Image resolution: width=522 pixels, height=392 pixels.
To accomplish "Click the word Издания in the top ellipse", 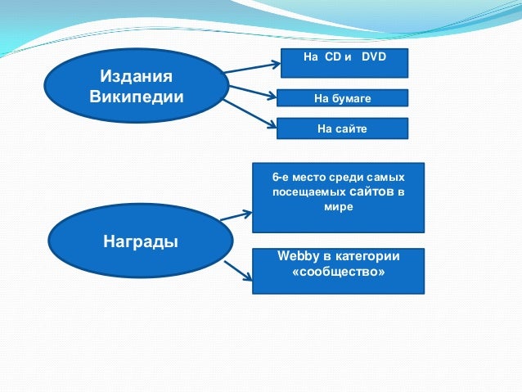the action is [x=136, y=77].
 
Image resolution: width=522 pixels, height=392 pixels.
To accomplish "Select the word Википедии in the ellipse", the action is [x=137, y=97].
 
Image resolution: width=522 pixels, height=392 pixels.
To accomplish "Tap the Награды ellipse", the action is [x=141, y=241].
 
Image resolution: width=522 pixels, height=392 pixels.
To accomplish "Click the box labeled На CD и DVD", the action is [x=344, y=63].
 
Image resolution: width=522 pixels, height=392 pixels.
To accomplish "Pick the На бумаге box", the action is [x=343, y=98].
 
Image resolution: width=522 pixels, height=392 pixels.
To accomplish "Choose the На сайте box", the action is [x=343, y=128].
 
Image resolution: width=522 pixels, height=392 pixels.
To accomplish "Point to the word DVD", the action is [x=374, y=56].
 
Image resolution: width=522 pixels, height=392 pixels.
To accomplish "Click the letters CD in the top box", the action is [x=333, y=56].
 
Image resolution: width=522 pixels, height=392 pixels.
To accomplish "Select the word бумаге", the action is [x=351, y=98].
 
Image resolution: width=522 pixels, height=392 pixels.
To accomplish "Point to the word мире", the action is [x=339, y=206].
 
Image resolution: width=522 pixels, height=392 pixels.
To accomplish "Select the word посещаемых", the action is [x=308, y=192].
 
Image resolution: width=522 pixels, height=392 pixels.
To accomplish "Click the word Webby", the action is [x=299, y=256].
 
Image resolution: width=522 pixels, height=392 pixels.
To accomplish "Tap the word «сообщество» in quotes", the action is [x=339, y=272].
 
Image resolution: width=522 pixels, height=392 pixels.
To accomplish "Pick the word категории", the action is [x=367, y=256].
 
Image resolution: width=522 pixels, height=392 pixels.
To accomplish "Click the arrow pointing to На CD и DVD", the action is [x=252, y=67].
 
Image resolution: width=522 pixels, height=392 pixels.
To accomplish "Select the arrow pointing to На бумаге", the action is [x=253, y=92].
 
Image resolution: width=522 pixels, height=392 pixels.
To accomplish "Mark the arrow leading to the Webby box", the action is [x=238, y=271].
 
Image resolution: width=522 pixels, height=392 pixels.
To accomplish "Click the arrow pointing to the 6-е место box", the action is [x=236, y=215].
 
